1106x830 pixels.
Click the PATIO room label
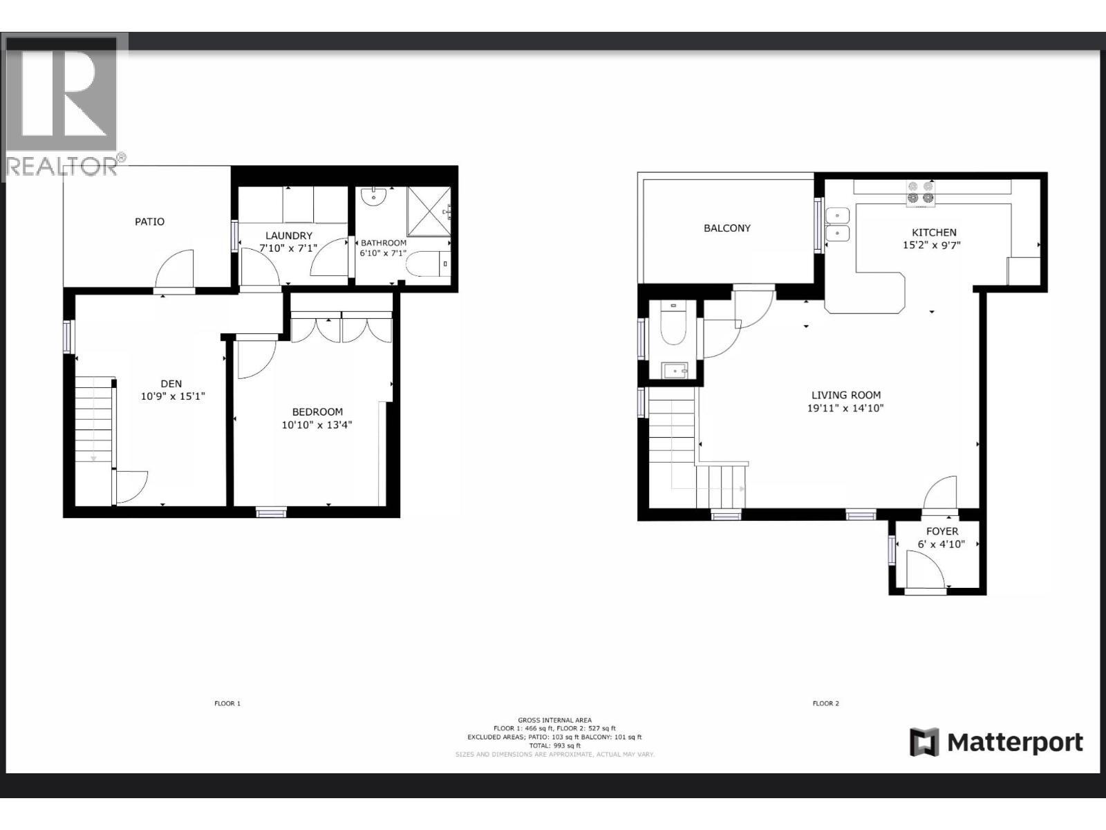(149, 221)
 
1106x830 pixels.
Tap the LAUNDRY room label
(289, 236)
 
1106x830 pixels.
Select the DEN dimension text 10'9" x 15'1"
(172, 396)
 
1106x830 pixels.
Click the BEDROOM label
(317, 412)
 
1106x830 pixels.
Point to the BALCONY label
(727, 228)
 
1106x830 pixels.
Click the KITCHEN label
(934, 232)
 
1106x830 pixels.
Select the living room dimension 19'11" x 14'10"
(845, 408)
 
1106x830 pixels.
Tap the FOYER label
(941, 531)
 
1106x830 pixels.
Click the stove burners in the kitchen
(920, 193)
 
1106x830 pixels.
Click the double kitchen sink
(837, 225)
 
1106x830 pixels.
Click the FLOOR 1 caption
(227, 703)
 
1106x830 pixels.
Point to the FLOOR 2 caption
(825, 703)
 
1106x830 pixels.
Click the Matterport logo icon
(924, 742)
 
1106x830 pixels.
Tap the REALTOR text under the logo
(62, 166)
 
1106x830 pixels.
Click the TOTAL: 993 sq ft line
(554, 746)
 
